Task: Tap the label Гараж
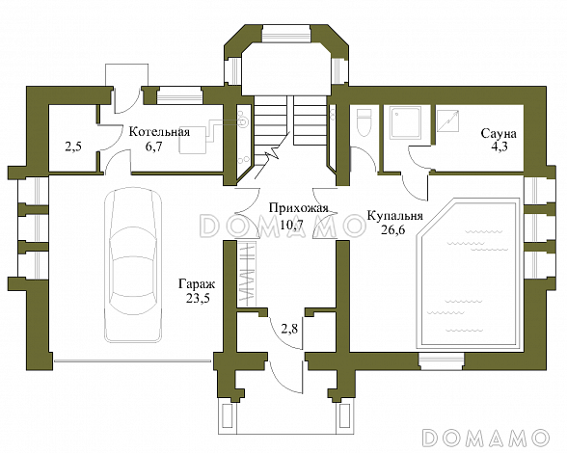(197, 284)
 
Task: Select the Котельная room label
(159, 132)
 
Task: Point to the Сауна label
(499, 133)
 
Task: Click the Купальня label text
(394, 216)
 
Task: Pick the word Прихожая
(299, 208)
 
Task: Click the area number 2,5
(73, 147)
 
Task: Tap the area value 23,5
(198, 298)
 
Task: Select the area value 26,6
(392, 229)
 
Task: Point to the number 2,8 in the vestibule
(289, 329)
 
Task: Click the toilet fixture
(364, 122)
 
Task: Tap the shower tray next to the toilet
(405, 122)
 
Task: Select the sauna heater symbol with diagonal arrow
(448, 120)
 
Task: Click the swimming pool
(468, 273)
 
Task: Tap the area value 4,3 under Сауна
(498, 147)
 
